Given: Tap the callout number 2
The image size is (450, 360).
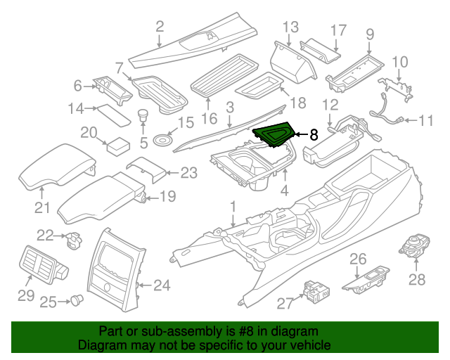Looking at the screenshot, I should click(160, 27).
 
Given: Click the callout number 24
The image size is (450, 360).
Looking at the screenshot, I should click(162, 285).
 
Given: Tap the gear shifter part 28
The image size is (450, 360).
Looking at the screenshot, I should click(413, 245).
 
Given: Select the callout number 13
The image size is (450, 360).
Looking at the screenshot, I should click(290, 27).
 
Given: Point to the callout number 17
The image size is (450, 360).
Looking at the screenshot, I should click(338, 30).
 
